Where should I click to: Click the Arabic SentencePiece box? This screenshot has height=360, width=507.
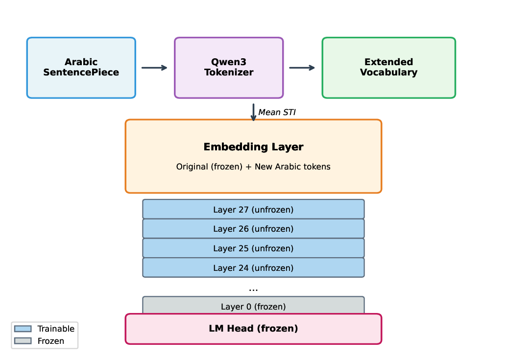click(x=81, y=68)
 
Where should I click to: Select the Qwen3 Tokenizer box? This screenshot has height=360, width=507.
click(x=229, y=68)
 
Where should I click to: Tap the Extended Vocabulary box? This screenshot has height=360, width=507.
click(x=388, y=68)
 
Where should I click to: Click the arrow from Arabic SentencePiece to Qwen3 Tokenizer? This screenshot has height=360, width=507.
click(x=154, y=68)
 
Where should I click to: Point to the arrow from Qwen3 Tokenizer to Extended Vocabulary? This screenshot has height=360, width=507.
click(x=302, y=68)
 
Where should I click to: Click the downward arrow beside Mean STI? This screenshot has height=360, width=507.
click(x=253, y=112)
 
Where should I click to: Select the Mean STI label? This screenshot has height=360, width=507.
click(x=277, y=113)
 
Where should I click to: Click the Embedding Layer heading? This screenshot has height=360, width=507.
click(x=253, y=147)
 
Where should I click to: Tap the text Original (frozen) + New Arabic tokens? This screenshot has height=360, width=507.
click(x=253, y=167)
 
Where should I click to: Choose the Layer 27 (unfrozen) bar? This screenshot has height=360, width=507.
click(x=253, y=210)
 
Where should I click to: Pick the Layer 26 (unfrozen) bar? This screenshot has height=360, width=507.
click(x=253, y=229)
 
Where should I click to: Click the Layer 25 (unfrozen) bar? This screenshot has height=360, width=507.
click(x=253, y=248)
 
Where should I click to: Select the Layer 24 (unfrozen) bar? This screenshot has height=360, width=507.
click(x=253, y=268)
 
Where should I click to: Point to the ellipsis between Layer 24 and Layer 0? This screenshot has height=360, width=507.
click(x=253, y=289)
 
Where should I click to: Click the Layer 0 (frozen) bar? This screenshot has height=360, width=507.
click(x=253, y=306)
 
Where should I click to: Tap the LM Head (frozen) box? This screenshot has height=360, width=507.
click(x=253, y=329)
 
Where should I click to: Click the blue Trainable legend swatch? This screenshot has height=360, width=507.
click(x=23, y=329)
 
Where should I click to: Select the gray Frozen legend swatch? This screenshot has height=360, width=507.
click(x=23, y=341)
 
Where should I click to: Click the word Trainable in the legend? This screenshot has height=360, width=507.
click(x=56, y=329)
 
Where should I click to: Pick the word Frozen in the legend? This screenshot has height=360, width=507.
click(x=51, y=341)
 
